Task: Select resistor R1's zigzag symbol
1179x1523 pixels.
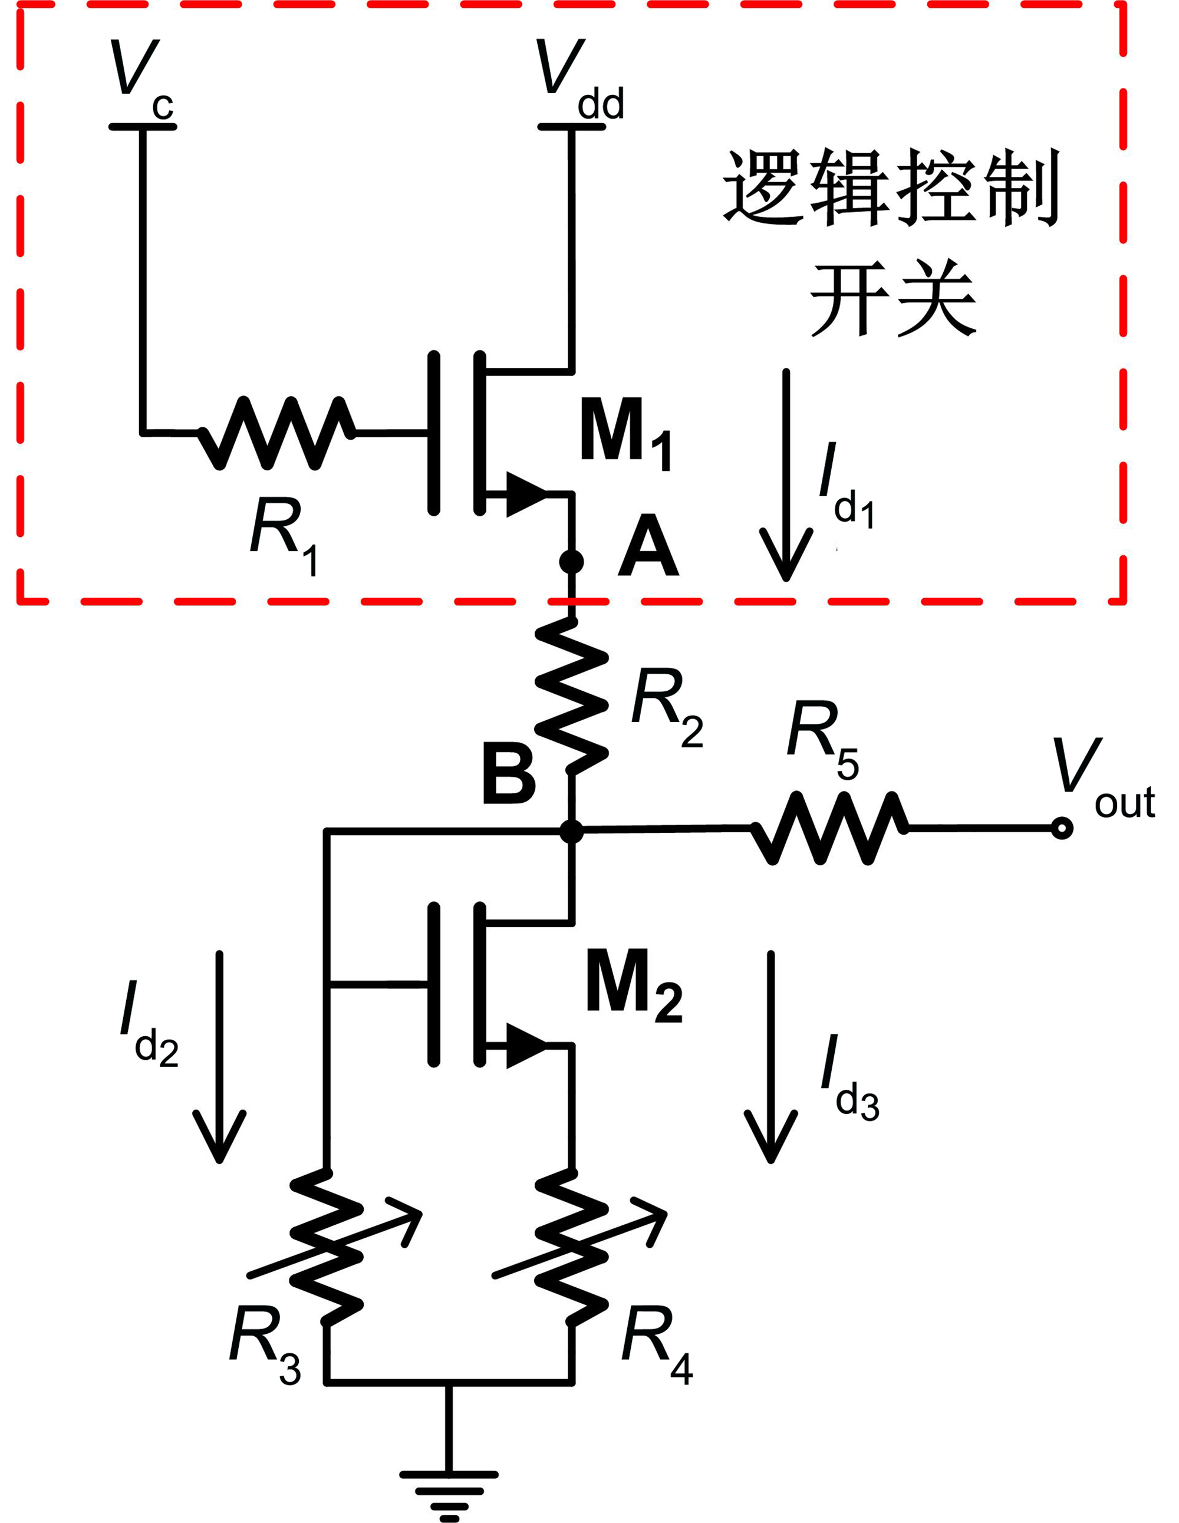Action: click(x=278, y=433)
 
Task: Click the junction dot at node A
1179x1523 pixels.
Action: click(x=571, y=561)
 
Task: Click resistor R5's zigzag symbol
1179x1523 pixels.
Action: click(x=829, y=829)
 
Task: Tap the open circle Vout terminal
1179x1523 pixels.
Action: click(x=1062, y=829)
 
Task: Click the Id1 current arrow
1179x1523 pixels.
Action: click(x=786, y=474)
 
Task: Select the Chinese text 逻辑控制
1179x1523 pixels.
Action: click(x=891, y=187)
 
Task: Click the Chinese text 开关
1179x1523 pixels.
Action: click(x=893, y=300)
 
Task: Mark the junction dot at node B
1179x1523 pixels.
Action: click(x=571, y=830)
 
